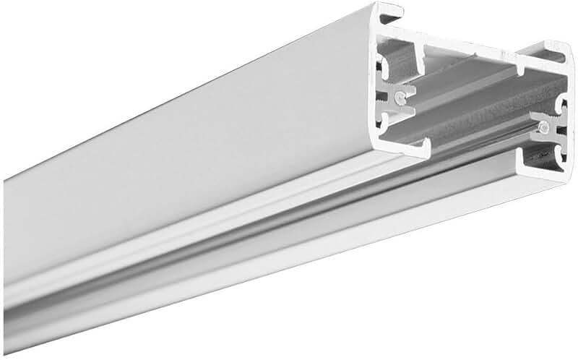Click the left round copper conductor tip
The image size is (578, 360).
(400, 95)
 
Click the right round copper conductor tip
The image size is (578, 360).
(542, 129)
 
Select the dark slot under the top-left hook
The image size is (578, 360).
(390, 25)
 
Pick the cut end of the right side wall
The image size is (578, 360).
(568, 116)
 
